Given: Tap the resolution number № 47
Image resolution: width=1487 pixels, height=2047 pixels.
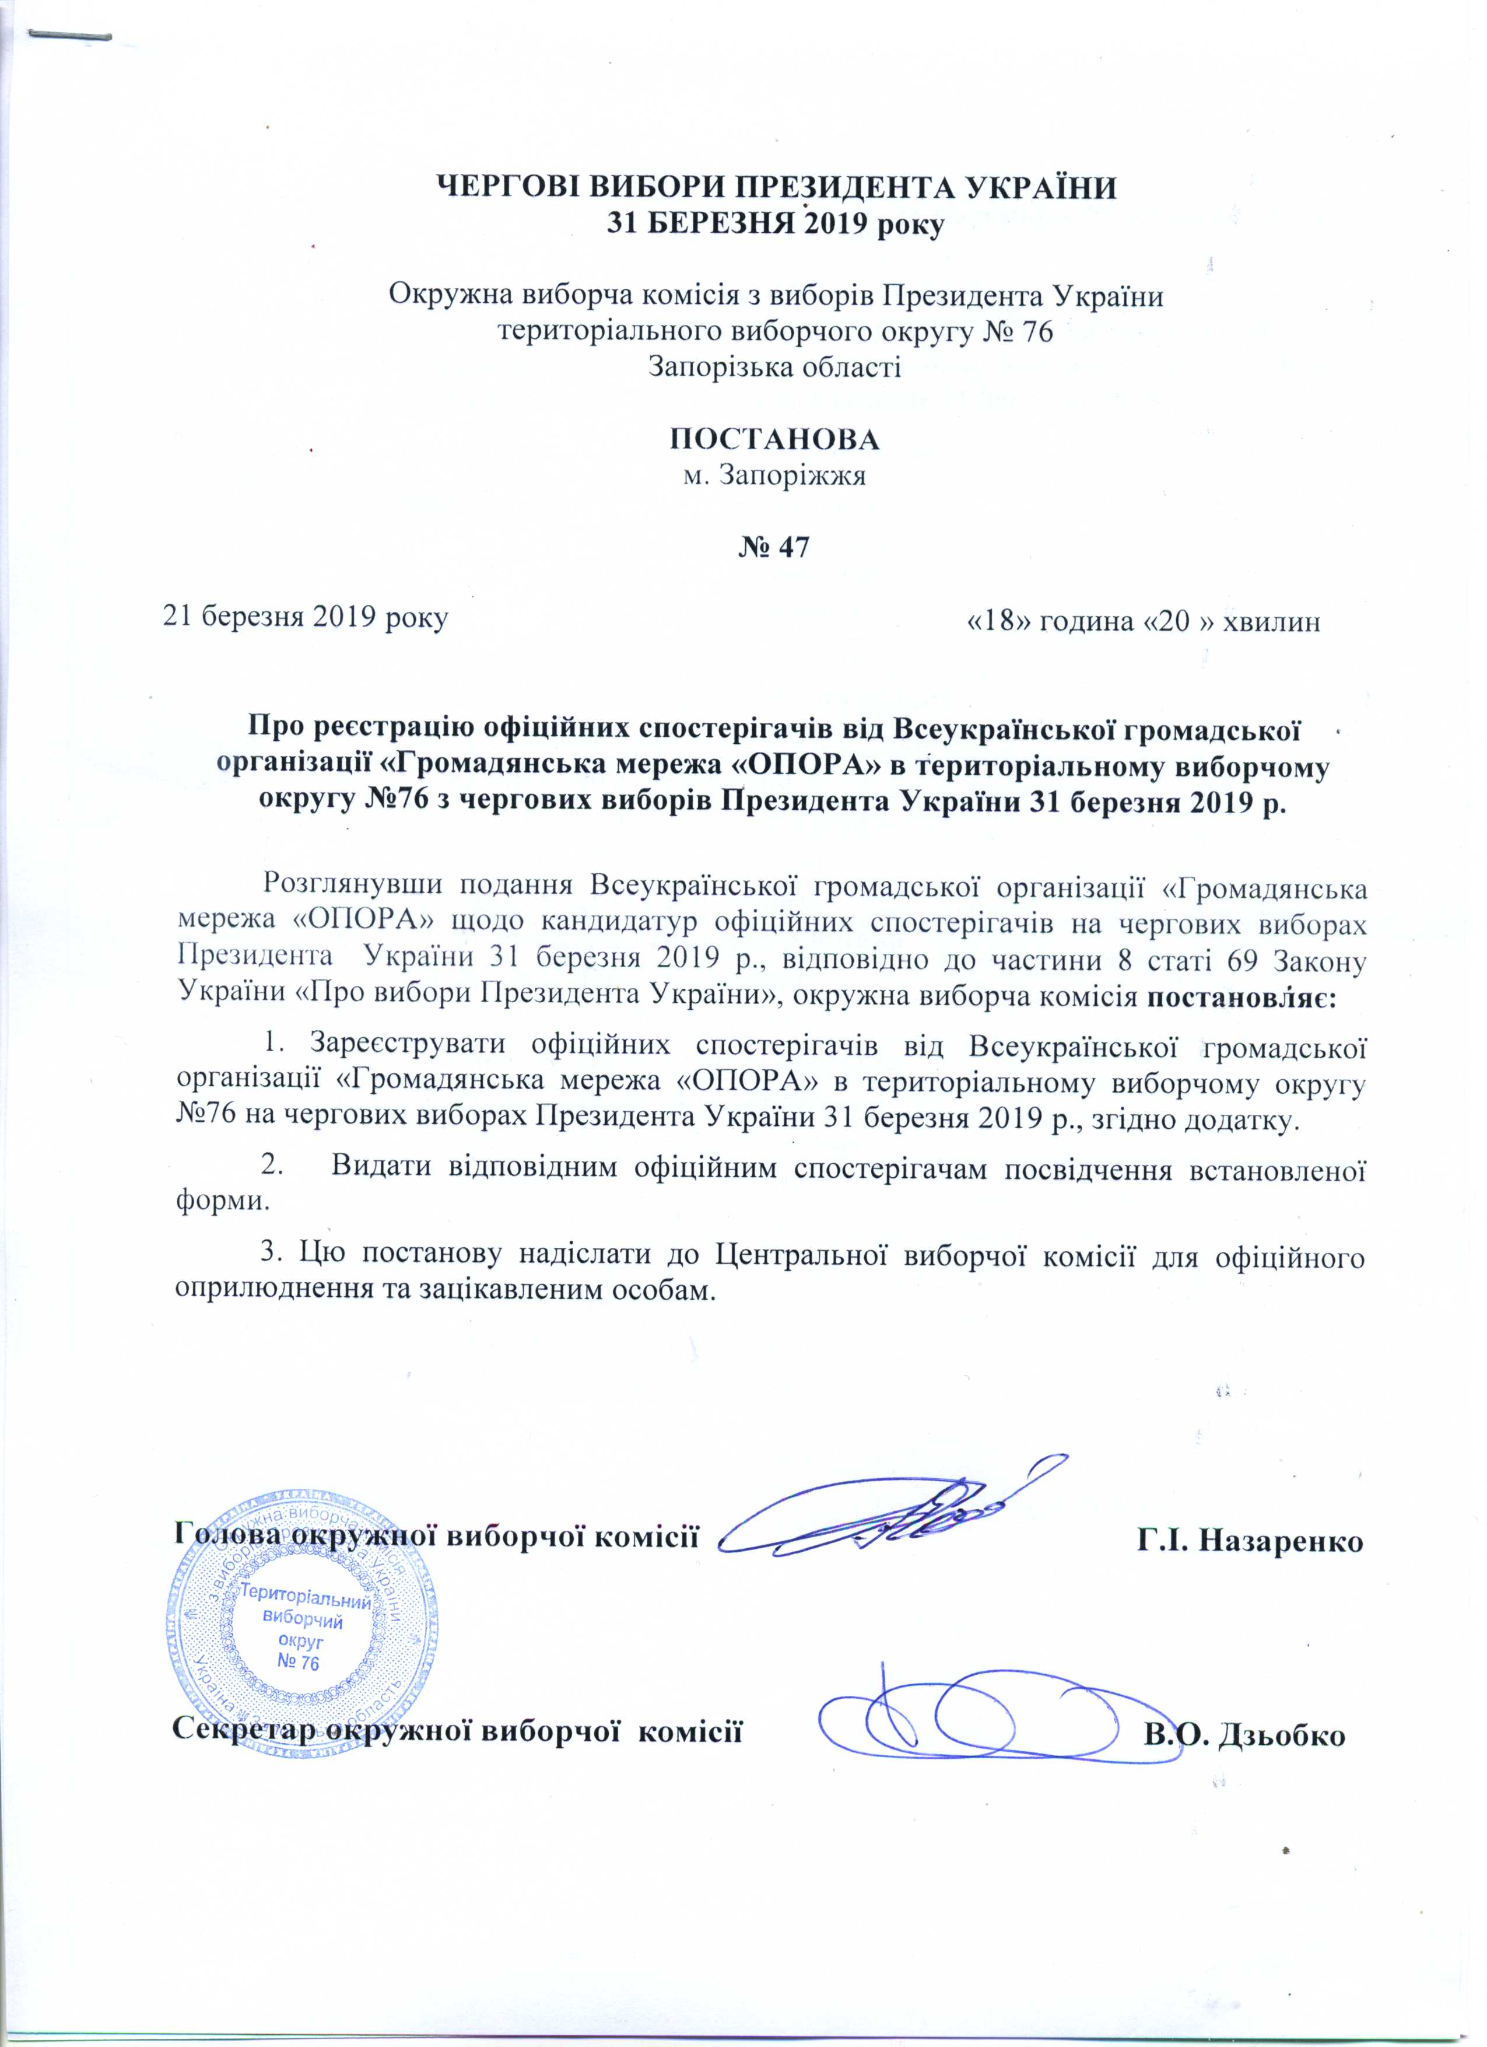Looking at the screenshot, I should pos(775,547).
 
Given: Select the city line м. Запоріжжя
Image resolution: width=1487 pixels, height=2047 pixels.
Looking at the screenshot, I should pos(775,475).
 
